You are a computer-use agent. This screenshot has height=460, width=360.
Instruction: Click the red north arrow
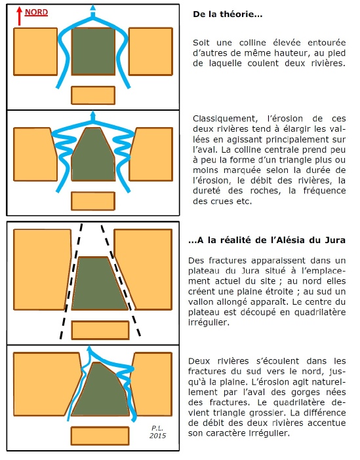click(x=20, y=16)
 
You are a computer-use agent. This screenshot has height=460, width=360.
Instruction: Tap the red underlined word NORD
click(x=37, y=12)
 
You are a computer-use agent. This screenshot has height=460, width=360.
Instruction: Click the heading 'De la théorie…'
click(x=228, y=14)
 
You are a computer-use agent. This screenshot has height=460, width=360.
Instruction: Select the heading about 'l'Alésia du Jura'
click(x=267, y=240)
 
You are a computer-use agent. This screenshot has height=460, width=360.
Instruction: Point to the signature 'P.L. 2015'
click(x=157, y=432)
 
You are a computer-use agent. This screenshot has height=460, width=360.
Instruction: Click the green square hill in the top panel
click(x=93, y=51)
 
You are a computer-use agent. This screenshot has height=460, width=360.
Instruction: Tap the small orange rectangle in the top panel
click(x=93, y=96)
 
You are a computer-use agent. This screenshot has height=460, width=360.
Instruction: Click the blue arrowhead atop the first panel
click(x=93, y=8)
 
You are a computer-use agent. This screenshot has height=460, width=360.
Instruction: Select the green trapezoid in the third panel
click(x=100, y=284)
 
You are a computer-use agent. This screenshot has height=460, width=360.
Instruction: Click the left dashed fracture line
click(x=71, y=281)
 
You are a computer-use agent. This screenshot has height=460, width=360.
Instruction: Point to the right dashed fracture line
click(x=121, y=280)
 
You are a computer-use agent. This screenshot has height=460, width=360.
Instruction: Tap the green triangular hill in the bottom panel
click(x=100, y=390)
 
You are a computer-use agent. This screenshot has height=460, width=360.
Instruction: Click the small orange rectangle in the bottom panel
click(x=100, y=436)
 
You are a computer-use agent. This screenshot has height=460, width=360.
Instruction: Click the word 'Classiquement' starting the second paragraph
click(x=225, y=119)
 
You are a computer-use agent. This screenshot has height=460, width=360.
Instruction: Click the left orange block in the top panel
click(x=35, y=52)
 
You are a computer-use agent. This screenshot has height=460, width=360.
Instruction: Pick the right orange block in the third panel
click(x=143, y=269)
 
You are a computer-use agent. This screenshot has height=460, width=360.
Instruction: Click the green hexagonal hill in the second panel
click(x=93, y=154)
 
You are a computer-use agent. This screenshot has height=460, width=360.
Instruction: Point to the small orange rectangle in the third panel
click(x=100, y=330)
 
